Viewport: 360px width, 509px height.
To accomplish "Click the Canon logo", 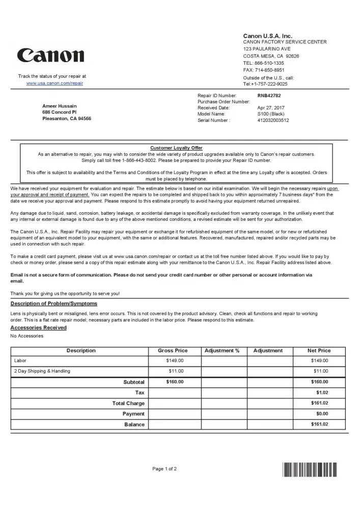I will point(50,56).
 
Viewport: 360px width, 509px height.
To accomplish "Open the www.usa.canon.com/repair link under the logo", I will point(54,83).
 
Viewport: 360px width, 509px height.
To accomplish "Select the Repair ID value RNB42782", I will point(269,96).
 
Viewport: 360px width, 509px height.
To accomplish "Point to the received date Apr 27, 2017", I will point(271,108).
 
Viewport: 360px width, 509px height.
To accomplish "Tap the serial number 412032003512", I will point(273,121).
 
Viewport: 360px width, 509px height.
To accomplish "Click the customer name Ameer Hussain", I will point(60,106).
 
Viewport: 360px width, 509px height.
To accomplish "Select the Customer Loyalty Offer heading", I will point(176,148).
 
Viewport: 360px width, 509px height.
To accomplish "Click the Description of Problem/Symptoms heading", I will point(53,304).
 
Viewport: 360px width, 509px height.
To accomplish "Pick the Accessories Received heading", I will point(38,328).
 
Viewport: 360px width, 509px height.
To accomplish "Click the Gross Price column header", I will point(175,351).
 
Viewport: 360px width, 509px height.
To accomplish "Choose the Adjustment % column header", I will point(221,351).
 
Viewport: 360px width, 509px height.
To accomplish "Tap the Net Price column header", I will point(319,351).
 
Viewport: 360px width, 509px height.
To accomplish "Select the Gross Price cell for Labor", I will point(175,361).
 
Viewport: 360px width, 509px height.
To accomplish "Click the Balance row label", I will point(134,425).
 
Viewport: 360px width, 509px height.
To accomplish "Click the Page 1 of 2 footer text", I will point(164,469).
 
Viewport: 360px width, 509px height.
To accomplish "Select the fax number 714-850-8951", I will point(270,70).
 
